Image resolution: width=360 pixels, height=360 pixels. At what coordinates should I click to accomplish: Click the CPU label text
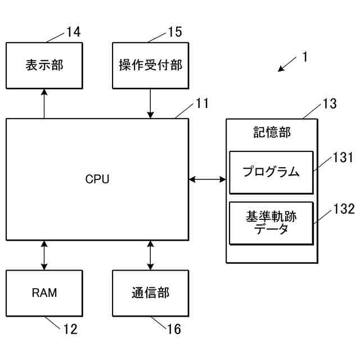pyautogui.click(x=97, y=179)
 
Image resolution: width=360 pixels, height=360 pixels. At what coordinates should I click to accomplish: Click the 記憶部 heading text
pyautogui.click(x=272, y=132)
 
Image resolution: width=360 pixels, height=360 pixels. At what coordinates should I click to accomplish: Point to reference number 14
pyautogui.click(x=74, y=32)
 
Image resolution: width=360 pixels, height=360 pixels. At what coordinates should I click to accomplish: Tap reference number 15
pyautogui.click(x=175, y=32)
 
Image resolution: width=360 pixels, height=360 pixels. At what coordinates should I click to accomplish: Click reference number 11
pyautogui.click(x=202, y=103)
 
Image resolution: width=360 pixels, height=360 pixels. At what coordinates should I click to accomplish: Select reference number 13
pyautogui.click(x=330, y=103)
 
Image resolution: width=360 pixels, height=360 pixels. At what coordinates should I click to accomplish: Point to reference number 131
pyautogui.click(x=343, y=157)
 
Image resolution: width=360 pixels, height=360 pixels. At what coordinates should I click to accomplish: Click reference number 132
pyautogui.click(x=344, y=209)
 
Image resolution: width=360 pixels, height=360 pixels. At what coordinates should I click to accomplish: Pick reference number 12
pyautogui.click(x=70, y=329)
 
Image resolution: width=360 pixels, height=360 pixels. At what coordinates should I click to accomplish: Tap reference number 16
pyautogui.click(x=174, y=329)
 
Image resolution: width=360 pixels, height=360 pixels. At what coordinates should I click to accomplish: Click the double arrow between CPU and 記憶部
pyautogui.click(x=208, y=179)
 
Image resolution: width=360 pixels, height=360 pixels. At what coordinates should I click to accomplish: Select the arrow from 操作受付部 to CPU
pyautogui.click(x=150, y=103)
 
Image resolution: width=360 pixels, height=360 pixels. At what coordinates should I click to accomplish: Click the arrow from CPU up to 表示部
pyautogui.click(x=44, y=103)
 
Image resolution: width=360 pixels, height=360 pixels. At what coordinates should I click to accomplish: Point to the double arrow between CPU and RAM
pyautogui.click(x=44, y=255)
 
